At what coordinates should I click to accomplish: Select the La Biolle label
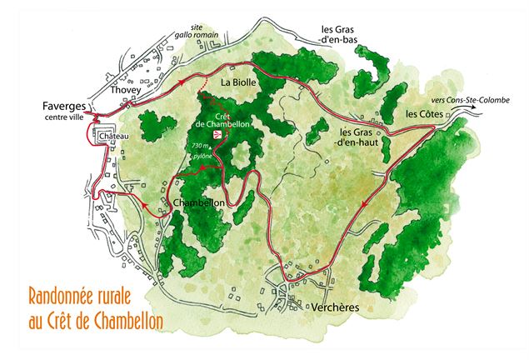[x=238, y=83]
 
